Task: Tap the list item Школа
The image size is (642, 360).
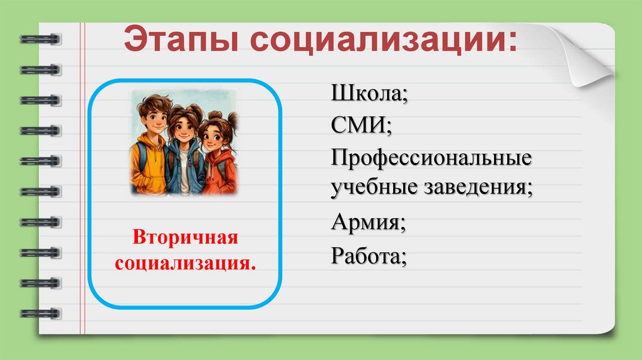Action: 370,97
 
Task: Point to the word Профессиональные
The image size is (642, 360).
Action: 432,157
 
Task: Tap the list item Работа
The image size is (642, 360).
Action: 369,256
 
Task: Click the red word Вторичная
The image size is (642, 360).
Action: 185,239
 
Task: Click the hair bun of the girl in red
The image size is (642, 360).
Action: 232,118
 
